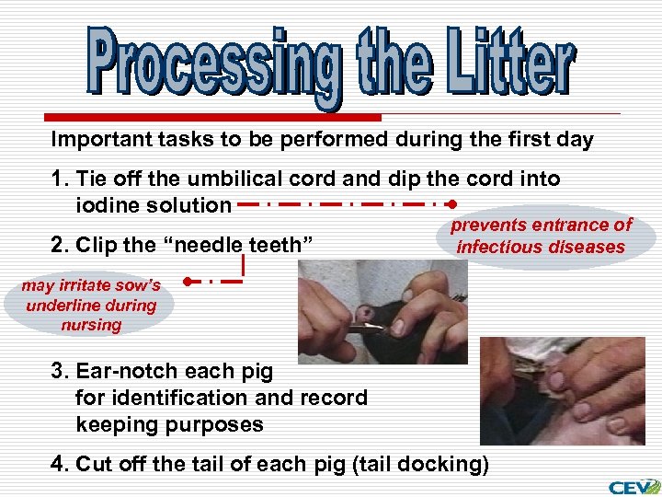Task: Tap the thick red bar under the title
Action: click(213, 118)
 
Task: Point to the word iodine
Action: click(109, 204)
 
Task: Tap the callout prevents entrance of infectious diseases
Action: click(541, 236)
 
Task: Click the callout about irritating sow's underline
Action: click(90, 306)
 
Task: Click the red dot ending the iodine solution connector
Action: click(451, 203)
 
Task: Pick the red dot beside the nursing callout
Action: click(187, 281)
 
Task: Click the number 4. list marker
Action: click(61, 464)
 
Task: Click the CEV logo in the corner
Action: click(633, 486)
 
